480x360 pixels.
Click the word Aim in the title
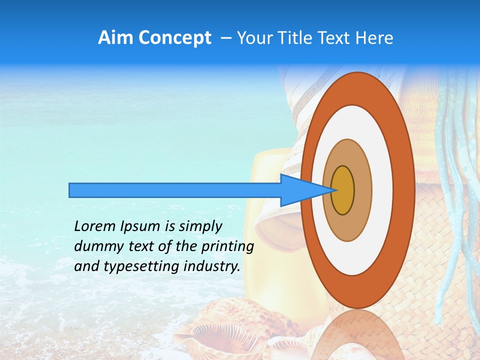point(116,38)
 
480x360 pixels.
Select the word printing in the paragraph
point(227,246)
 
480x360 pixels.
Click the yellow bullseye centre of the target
point(342,190)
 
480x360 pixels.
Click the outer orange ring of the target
point(403,190)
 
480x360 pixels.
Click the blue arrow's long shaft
point(175,190)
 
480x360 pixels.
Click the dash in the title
point(226,38)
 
